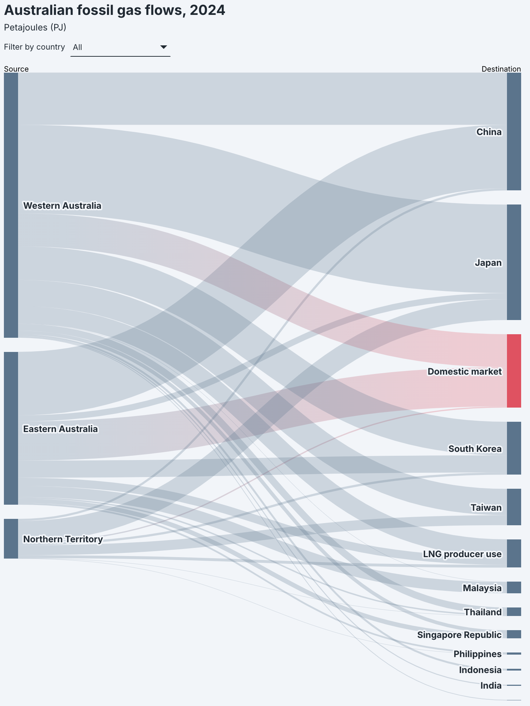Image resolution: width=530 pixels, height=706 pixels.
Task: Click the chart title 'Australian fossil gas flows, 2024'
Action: [114, 11]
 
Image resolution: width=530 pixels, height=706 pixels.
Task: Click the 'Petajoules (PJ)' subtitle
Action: [35, 27]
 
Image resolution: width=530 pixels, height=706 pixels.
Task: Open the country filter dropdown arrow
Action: [163, 47]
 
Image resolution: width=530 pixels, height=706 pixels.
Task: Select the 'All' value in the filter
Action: [78, 47]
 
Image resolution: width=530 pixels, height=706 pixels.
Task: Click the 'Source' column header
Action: [16, 69]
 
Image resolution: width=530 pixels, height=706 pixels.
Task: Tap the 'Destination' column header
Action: [501, 69]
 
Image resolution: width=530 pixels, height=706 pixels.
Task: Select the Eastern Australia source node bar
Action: [11, 428]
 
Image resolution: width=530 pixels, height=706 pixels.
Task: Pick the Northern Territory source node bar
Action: [11, 538]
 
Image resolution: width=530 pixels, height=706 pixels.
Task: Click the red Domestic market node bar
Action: [514, 371]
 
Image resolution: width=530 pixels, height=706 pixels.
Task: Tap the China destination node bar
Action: [514, 131]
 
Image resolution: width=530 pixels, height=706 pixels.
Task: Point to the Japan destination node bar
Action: [514, 262]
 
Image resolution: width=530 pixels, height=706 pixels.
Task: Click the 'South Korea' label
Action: [475, 449]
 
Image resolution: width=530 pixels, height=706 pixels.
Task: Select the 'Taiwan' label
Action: [486, 508]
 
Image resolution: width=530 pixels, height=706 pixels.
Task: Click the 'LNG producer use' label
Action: [462, 554]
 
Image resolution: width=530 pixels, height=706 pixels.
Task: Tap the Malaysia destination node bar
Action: [514, 587]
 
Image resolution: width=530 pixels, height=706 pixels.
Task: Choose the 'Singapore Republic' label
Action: [459, 635]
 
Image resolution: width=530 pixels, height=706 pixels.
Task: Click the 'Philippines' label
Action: [477, 654]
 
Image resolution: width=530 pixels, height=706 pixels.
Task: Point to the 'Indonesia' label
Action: [480, 670]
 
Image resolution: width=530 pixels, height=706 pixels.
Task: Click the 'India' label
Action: [491, 686]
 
